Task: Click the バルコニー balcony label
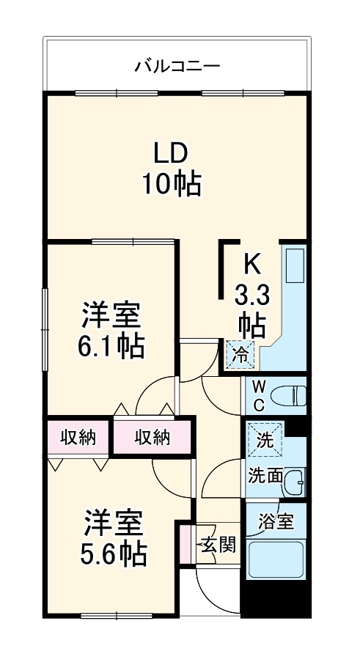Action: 177,67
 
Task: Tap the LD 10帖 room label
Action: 172,168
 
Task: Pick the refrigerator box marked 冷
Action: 240,355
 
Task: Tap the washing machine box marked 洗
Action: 263,441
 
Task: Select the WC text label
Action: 260,395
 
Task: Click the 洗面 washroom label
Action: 264,476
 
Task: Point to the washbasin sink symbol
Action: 294,482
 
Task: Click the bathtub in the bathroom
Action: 276,560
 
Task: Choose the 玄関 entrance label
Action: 218,545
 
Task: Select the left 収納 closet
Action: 78,438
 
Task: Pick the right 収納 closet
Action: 153,438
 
